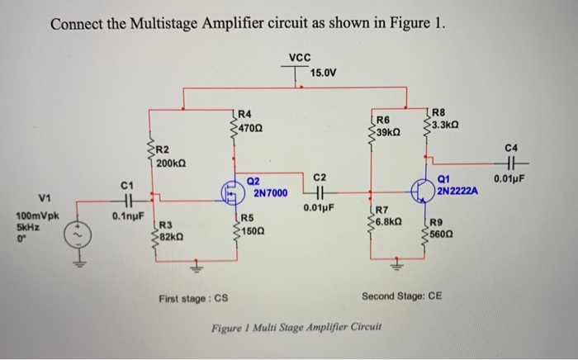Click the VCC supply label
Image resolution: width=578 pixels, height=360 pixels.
click(x=301, y=58)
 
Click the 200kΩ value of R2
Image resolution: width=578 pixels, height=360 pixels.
click(x=171, y=163)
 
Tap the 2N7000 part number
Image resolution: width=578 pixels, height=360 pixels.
click(x=270, y=193)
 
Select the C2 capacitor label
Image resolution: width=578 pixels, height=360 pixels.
click(x=320, y=178)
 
